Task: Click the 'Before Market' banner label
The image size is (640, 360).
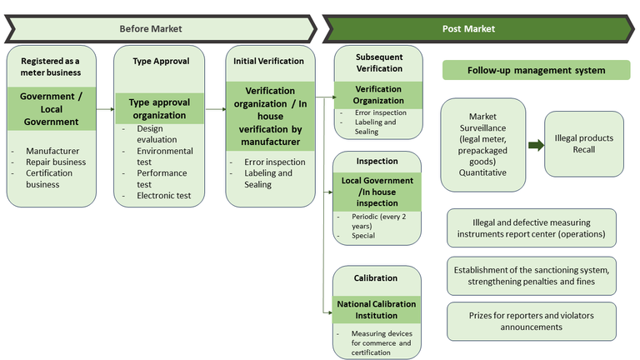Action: (x=150, y=28)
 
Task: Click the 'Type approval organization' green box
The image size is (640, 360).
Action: (x=160, y=108)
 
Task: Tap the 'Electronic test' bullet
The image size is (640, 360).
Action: (x=163, y=196)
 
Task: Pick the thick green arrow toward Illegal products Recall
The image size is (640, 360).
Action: (x=535, y=145)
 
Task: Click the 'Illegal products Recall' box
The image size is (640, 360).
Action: (x=584, y=143)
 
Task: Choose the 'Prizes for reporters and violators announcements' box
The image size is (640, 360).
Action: (x=532, y=321)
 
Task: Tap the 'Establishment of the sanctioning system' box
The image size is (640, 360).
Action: (x=532, y=275)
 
